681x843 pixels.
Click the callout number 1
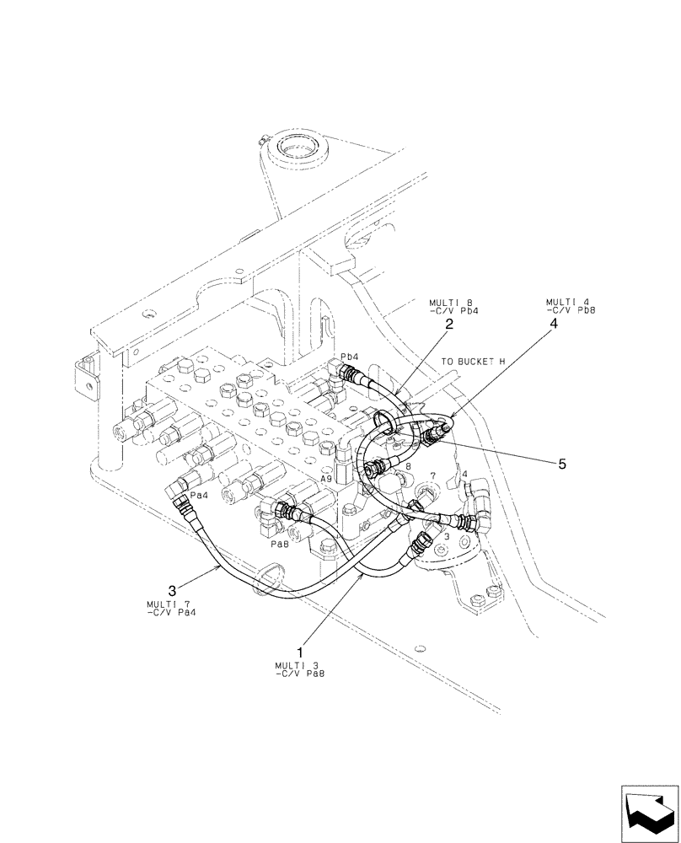(300, 652)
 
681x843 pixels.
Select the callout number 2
(449, 324)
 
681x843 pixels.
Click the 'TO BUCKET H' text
(472, 361)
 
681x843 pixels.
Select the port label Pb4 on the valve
(350, 357)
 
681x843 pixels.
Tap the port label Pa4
(199, 496)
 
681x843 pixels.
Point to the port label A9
(326, 478)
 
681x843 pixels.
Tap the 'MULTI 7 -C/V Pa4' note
(166, 608)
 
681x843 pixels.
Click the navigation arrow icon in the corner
(649, 813)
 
